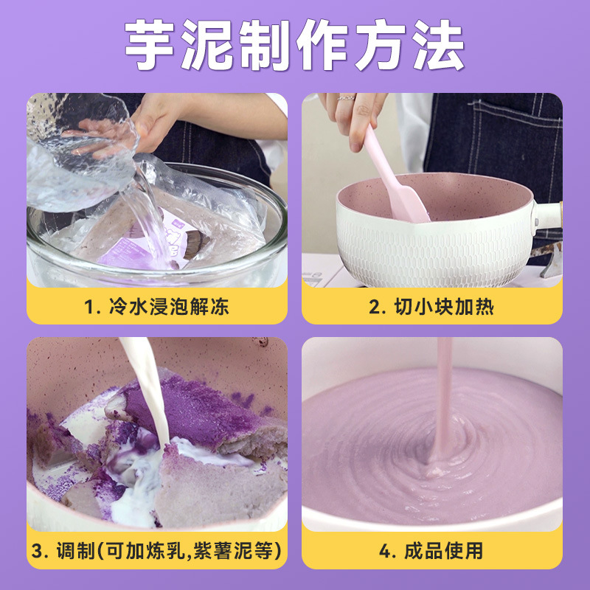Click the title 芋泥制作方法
pyautogui.click(x=295, y=46)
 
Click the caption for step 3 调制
pyautogui.click(x=156, y=551)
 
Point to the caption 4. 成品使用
pyautogui.click(x=431, y=551)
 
